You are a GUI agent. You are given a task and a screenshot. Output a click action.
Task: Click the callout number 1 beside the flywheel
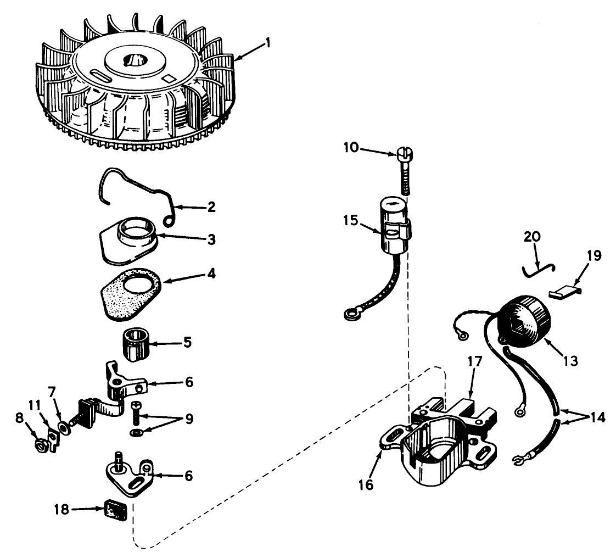268,42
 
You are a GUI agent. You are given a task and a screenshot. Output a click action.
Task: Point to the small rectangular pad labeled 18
116,510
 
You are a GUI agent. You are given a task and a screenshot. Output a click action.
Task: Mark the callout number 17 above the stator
475,361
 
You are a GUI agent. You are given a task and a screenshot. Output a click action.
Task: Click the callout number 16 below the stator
366,485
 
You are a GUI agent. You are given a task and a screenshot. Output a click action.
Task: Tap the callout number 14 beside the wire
597,417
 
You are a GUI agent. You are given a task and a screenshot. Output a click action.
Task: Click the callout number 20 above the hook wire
533,237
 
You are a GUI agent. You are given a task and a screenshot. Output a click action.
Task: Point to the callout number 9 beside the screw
189,419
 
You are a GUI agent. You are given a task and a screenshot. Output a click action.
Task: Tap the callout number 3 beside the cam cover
212,239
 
